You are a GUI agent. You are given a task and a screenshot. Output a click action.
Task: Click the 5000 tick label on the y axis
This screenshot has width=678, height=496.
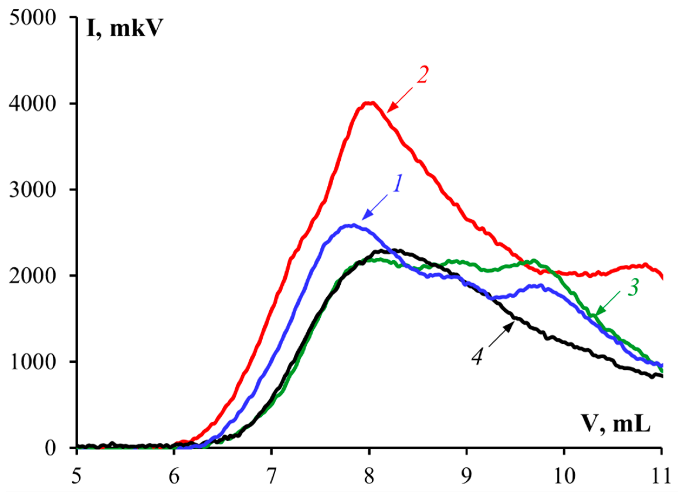(x=33, y=18)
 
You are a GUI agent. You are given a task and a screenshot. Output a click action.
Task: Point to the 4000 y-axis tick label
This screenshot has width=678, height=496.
(x=33, y=104)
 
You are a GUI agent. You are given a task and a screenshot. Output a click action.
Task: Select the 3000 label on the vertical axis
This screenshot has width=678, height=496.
(x=33, y=190)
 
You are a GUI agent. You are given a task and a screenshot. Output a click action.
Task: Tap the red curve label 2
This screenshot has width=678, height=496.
(x=422, y=75)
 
